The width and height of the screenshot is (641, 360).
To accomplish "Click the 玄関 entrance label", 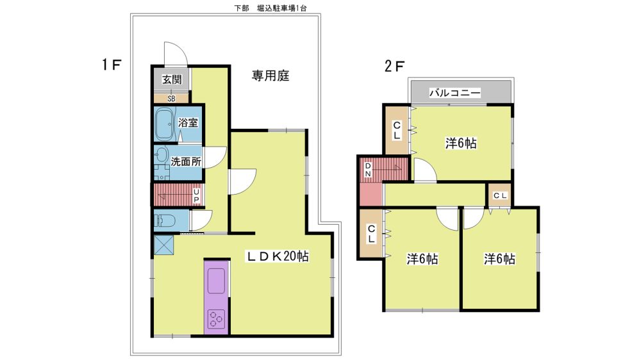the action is pos(171,79).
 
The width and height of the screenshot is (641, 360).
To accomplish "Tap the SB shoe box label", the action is pos(171,99).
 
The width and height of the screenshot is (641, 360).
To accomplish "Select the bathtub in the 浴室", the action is pos(165,124).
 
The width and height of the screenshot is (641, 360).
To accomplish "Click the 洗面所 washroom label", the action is pos(186,161).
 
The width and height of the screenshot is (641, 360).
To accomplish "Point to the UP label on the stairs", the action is pos(196,195).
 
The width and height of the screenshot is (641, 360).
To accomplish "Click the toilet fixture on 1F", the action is pos(165,220).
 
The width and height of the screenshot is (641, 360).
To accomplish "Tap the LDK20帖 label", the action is pos(277,256).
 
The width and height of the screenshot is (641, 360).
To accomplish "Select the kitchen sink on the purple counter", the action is pos(216,281).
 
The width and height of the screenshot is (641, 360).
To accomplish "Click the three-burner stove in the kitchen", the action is pos(216,319).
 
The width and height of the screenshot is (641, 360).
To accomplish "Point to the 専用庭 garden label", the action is pos(271,76).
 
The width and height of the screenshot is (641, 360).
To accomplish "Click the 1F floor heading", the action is pos(112,65).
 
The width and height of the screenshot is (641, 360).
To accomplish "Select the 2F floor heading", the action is pos(394,66).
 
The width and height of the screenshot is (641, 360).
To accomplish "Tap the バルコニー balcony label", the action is pos(454,93).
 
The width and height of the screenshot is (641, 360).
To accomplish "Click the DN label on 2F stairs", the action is pos(368,170).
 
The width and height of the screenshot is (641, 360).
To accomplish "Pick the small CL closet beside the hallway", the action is pos(500,196).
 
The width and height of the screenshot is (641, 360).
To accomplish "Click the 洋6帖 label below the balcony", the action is pos(461,143).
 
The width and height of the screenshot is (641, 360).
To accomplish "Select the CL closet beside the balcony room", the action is pos(397,130).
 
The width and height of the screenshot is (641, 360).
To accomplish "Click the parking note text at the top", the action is pos(271,8).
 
